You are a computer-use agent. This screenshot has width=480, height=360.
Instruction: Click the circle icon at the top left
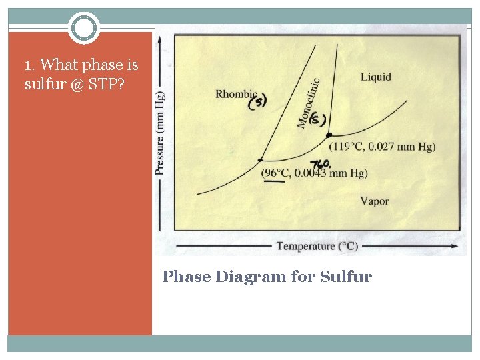click(84, 27)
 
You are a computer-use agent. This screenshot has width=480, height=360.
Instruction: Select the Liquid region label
click(376, 77)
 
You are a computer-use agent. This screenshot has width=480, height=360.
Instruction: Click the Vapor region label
click(374, 201)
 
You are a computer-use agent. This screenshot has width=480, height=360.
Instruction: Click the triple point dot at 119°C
click(329, 135)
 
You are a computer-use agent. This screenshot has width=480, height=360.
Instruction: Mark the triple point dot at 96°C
click(260, 160)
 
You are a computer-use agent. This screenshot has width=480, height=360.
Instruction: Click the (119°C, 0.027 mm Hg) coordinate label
click(383, 147)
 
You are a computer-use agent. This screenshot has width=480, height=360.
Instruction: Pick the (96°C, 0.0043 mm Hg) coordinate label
click(315, 173)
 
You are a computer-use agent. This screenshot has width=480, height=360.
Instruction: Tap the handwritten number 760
click(321, 163)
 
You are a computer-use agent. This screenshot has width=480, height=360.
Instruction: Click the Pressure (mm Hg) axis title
click(161, 131)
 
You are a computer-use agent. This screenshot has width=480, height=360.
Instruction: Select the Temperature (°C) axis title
click(317, 246)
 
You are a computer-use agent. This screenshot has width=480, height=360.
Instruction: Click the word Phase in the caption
click(186, 276)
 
